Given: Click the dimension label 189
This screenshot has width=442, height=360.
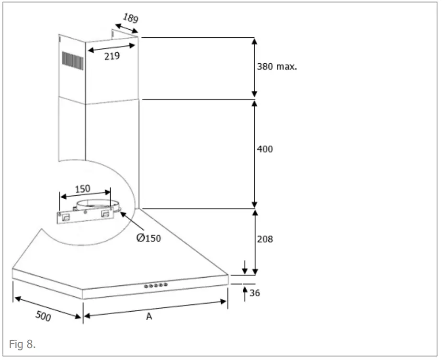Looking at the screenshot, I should click(x=131, y=19).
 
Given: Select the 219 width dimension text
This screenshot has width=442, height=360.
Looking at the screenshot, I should click(x=112, y=56).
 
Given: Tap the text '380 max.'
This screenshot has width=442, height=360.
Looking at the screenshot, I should click(x=277, y=67).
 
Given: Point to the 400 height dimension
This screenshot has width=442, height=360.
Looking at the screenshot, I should click(x=264, y=149).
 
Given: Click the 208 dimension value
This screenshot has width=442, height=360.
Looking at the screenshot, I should click(x=264, y=238).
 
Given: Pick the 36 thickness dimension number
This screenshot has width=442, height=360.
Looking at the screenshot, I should click(x=255, y=292).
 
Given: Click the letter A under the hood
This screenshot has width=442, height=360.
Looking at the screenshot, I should click(x=149, y=316).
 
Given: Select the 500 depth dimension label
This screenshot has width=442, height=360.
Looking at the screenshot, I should click(x=44, y=316).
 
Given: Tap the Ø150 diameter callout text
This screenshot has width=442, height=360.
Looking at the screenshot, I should click(x=148, y=238).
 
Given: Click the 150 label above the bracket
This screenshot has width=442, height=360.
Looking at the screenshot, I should click(x=82, y=189).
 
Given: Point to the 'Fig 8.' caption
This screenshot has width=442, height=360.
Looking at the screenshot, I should click(x=22, y=344).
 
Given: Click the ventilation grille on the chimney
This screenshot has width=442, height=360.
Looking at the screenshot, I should click(x=72, y=61).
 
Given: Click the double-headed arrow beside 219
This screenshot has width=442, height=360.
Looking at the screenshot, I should click(x=112, y=48).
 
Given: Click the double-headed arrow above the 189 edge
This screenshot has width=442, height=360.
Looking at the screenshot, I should click(x=127, y=29).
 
